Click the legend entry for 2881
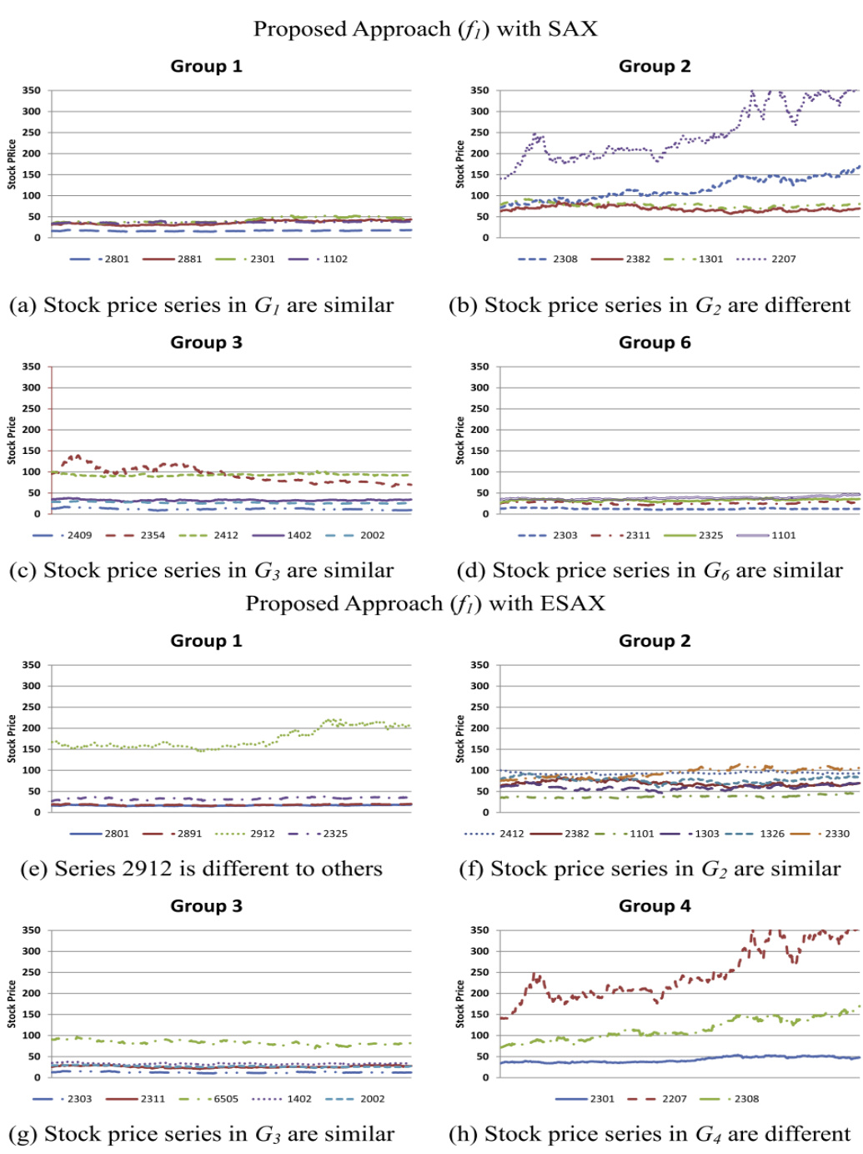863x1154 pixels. coord(189,259)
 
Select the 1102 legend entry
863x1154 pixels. coord(335,259)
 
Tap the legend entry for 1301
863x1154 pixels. coord(710,259)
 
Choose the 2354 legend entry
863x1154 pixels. coord(153,535)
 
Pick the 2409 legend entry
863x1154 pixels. coord(79,535)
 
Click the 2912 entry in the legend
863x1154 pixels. coord(262,834)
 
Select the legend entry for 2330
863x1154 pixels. coord(836,834)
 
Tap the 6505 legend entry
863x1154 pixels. coord(226,1099)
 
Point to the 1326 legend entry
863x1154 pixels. coord(771,834)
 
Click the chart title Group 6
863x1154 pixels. coord(655,342)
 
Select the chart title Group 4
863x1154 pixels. coord(655,906)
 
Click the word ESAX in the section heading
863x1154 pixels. coord(572,603)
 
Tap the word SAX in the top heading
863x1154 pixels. coord(573,29)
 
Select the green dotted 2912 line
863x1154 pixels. coord(250,743)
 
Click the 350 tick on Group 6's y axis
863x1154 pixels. coord(479,367)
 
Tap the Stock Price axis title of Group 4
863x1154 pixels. coord(460,1004)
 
